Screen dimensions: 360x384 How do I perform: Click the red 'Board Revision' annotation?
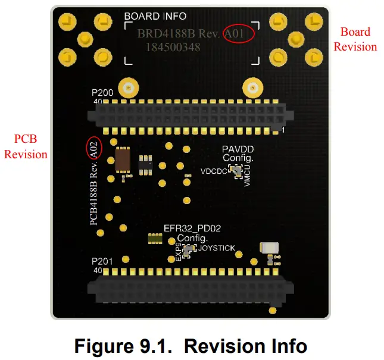(x=355, y=39)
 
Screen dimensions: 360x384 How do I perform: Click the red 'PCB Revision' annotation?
(x=26, y=146)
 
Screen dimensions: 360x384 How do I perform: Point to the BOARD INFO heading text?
(x=155, y=17)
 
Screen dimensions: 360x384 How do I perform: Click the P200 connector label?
(x=102, y=93)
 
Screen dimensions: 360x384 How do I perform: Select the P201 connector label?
(x=102, y=262)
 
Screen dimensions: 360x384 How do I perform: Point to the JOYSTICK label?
(x=217, y=248)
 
